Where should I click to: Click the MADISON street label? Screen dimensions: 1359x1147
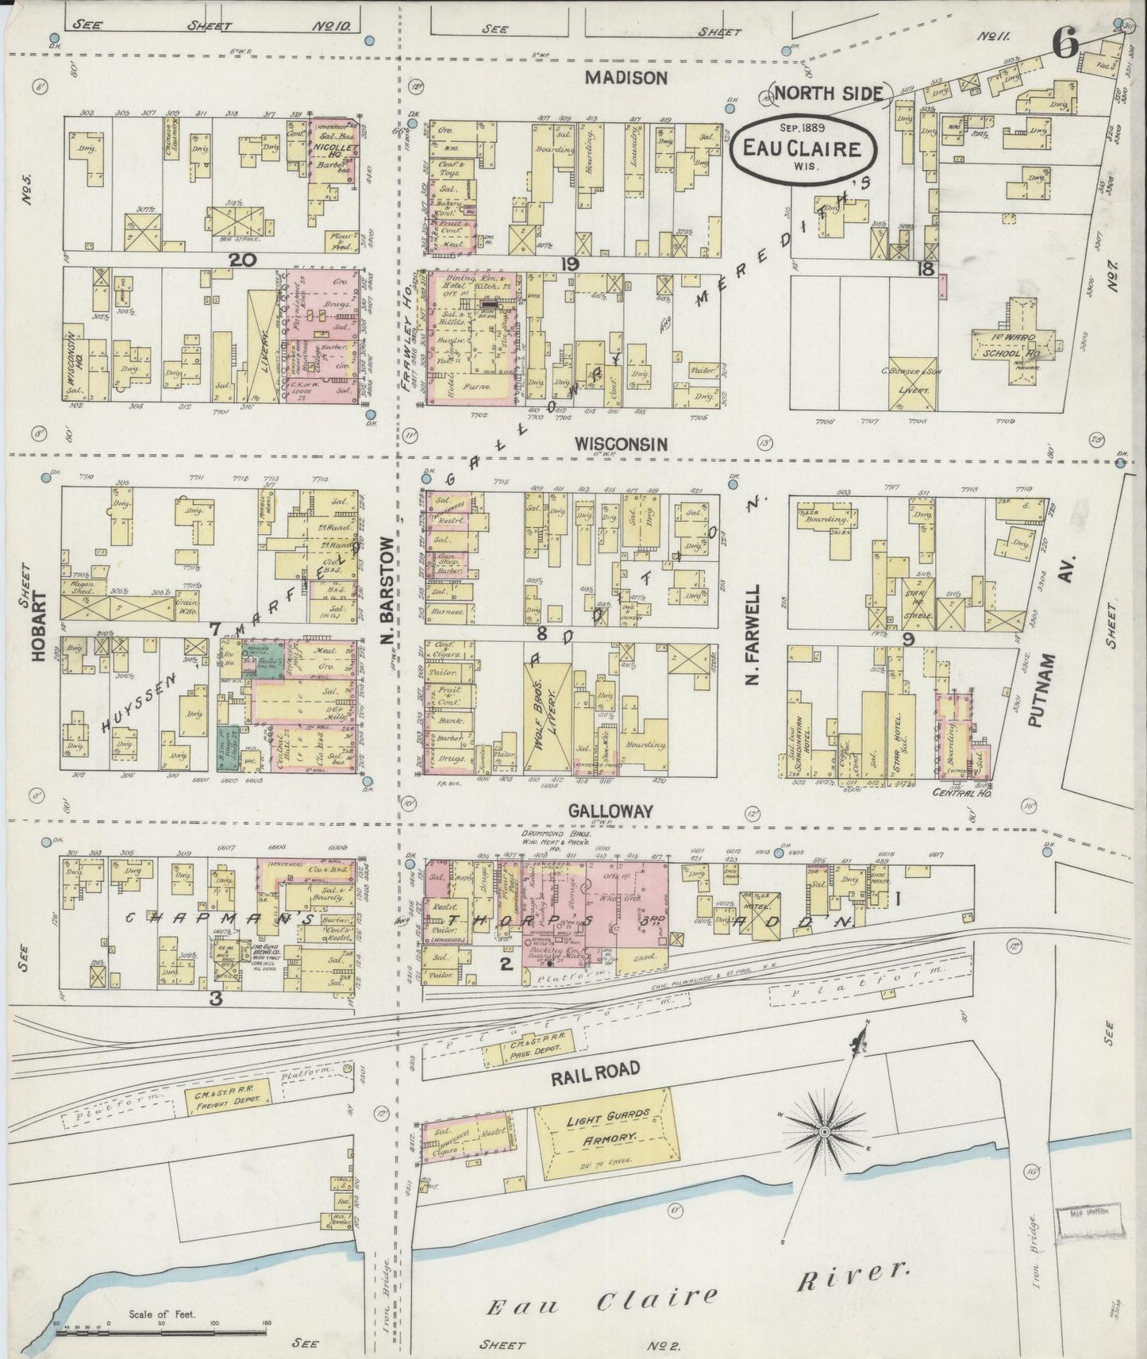tap(626, 77)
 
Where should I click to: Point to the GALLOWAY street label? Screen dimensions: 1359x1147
tap(610, 810)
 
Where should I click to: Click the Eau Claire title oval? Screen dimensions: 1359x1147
tap(803, 148)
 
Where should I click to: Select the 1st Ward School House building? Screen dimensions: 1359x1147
tap(1013, 341)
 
